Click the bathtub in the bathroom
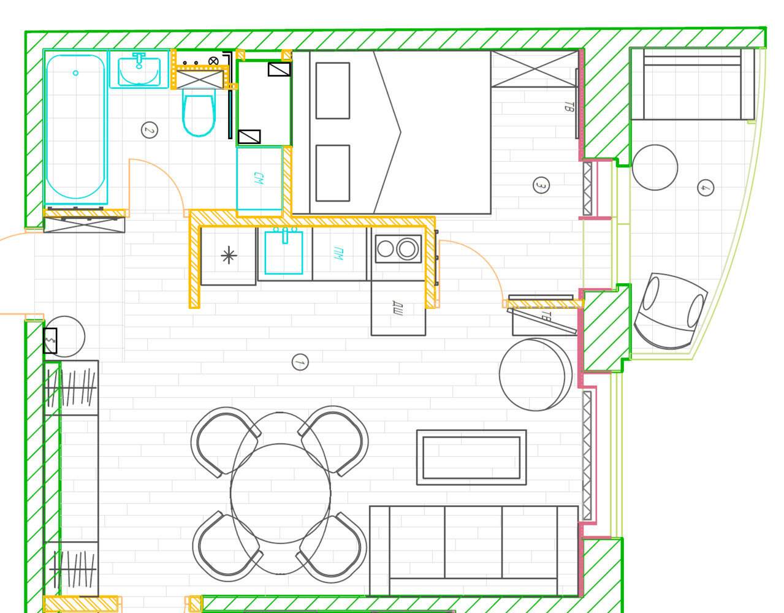75,127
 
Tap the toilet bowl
199,113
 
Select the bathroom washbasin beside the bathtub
139,70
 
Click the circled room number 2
150,130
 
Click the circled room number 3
541,186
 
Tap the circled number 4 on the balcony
706,188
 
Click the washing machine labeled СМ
259,178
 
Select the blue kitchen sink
284,252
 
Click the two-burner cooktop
398,249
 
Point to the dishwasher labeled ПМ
340,254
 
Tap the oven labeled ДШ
398,308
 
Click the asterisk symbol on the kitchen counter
229,256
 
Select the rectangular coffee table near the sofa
471,457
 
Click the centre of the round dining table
281,493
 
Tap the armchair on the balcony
671,311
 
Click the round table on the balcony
655,167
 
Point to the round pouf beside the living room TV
536,375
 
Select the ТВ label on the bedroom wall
569,107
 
